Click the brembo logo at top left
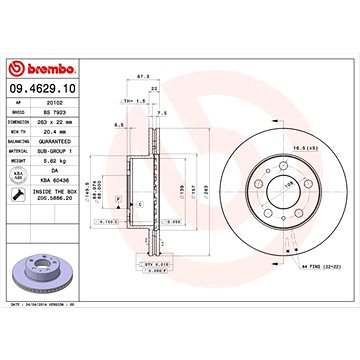tap(37, 68)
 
